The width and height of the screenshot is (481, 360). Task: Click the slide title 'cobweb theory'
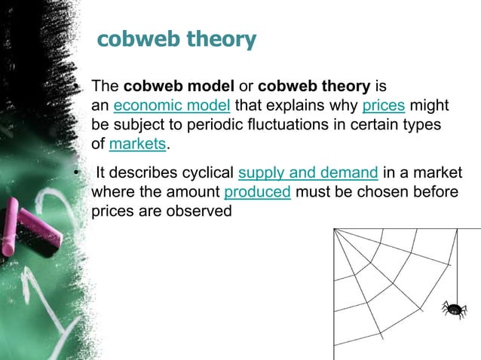click(x=177, y=39)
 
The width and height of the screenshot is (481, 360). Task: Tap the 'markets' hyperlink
click(x=136, y=143)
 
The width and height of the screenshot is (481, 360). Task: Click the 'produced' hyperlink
click(x=258, y=193)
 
